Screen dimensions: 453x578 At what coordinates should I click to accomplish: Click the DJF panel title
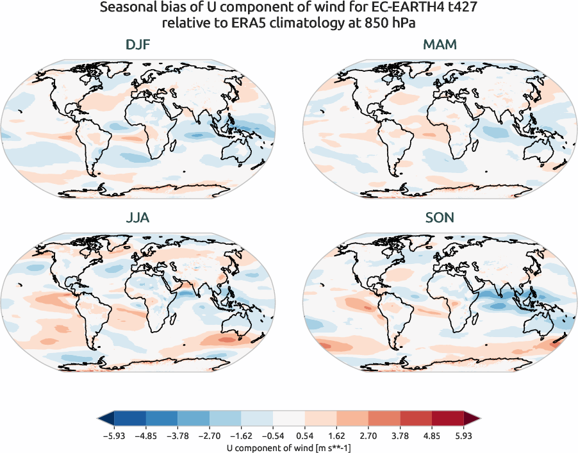click(138, 46)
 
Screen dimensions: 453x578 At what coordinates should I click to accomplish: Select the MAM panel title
click(440, 46)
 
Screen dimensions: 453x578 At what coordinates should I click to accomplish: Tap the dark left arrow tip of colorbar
click(103, 419)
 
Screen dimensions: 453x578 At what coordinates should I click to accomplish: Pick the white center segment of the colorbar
click(288, 419)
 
